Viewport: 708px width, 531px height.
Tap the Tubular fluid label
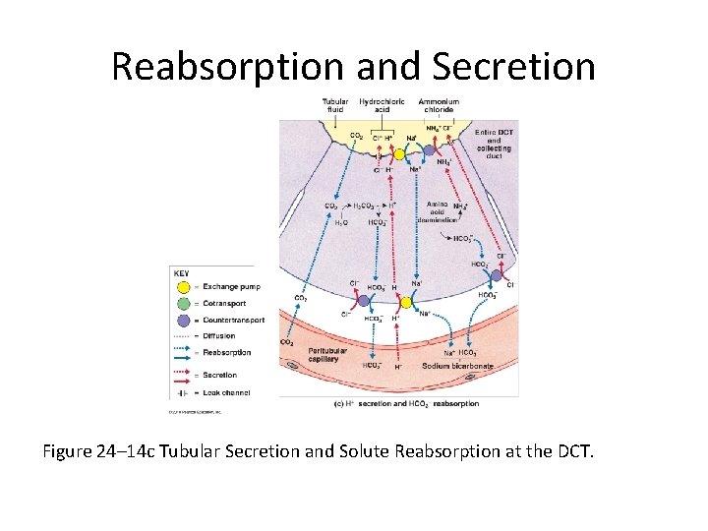tap(334, 106)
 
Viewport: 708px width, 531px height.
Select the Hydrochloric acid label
tap(382, 106)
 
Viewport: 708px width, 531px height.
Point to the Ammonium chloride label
tap(439, 106)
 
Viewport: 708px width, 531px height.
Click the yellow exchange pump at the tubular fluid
tap(399, 154)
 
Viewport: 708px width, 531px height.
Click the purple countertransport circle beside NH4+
tap(429, 150)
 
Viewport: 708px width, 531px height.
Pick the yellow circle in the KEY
tap(183, 288)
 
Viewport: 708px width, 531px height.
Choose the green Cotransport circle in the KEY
tap(183, 304)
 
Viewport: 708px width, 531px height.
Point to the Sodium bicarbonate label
tap(457, 366)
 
